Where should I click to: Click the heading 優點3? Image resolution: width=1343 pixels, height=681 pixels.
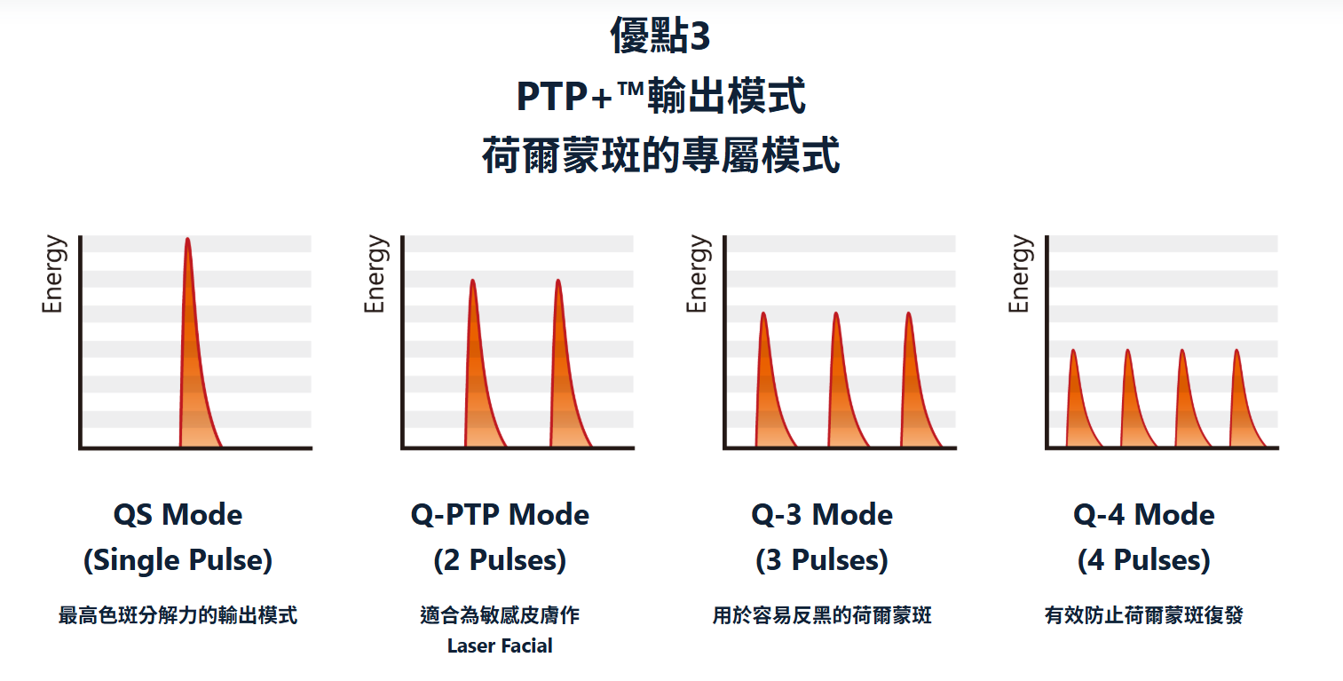click(660, 36)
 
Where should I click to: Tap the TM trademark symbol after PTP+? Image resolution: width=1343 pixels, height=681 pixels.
click(630, 90)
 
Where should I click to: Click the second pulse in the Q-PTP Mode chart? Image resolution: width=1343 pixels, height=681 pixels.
click(567, 363)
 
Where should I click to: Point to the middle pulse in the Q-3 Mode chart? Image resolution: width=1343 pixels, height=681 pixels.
click(845, 379)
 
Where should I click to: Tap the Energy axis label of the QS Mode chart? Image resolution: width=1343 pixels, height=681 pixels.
click(52, 274)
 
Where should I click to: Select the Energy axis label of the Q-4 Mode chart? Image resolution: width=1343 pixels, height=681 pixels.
click(1019, 274)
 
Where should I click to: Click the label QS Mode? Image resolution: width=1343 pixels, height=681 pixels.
click(178, 514)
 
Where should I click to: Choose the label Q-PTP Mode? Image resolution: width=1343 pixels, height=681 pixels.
click(500, 514)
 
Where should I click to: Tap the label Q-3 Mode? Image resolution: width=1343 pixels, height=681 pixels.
click(822, 514)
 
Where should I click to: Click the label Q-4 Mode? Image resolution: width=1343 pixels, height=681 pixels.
click(1144, 514)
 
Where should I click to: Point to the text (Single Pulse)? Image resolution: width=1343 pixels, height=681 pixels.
click(178, 560)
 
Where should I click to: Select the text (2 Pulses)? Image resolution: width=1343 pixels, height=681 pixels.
click(500, 560)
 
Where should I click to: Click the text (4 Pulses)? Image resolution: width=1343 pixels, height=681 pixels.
click(1144, 560)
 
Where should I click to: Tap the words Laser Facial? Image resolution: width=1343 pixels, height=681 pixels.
click(500, 645)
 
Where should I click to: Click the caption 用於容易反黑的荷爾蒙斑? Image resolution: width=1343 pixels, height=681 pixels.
click(822, 615)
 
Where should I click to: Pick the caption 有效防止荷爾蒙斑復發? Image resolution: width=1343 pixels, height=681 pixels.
click(1144, 615)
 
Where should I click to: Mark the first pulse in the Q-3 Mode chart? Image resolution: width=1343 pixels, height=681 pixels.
click(772, 379)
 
